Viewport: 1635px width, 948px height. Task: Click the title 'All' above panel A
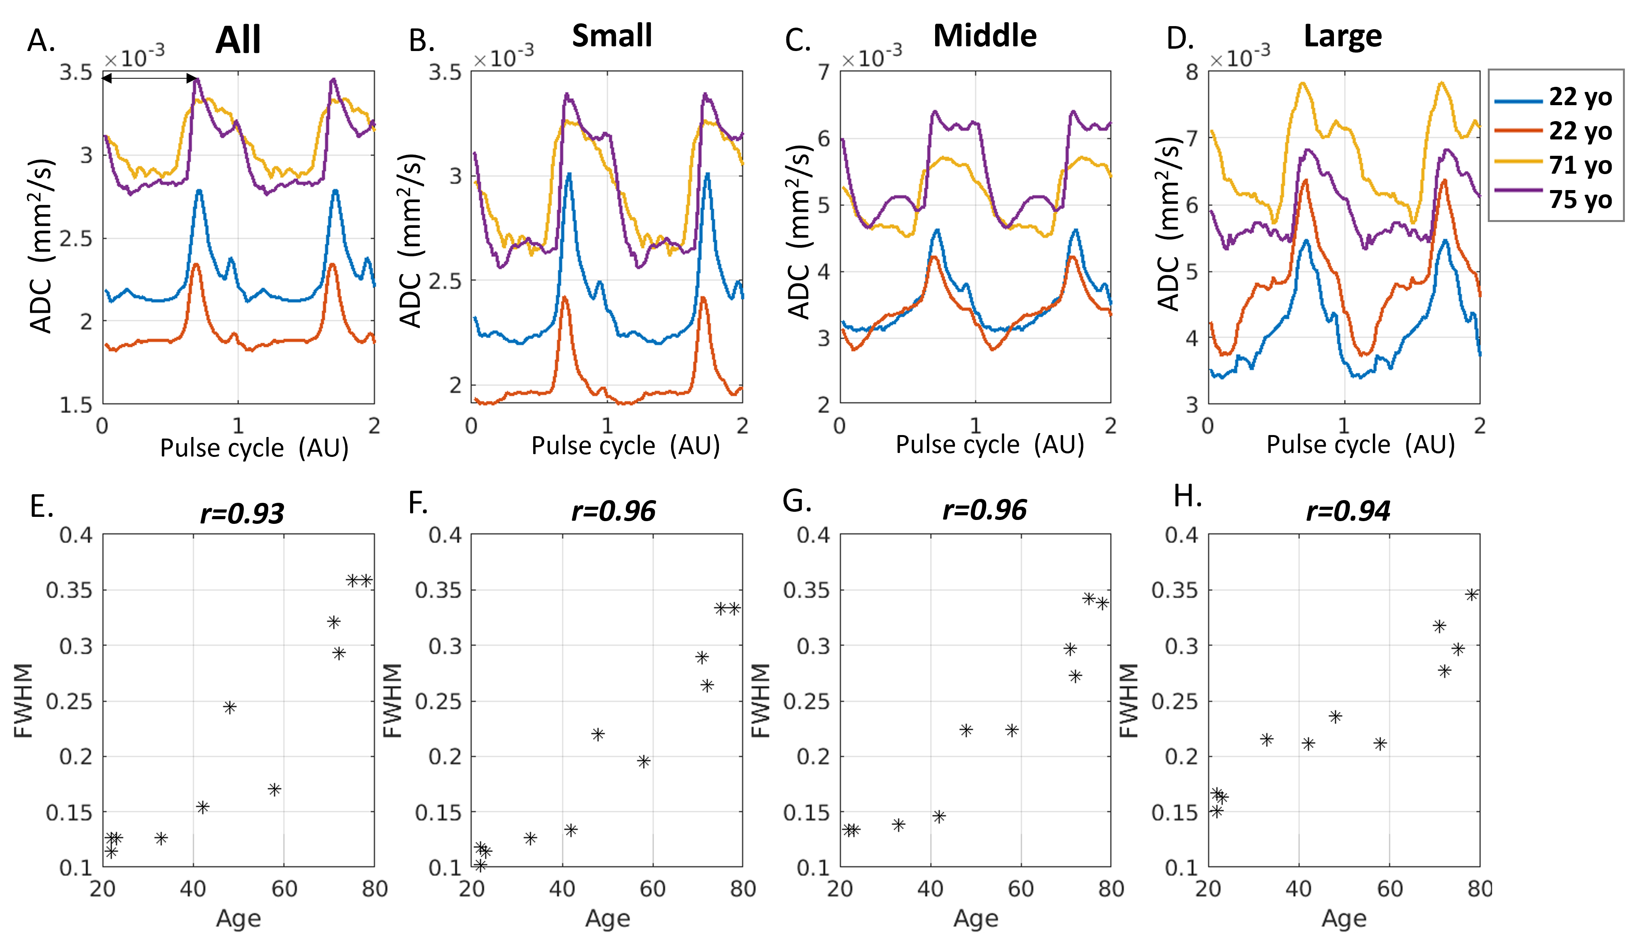coord(238,40)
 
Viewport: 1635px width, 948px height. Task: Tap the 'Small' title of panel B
coord(612,36)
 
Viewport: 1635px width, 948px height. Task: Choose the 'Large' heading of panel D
coord(1343,36)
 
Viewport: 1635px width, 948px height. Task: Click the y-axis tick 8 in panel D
coord(1191,72)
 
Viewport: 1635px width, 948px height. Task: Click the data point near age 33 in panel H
coord(1267,740)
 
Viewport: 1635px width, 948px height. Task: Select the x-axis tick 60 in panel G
coord(1020,888)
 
